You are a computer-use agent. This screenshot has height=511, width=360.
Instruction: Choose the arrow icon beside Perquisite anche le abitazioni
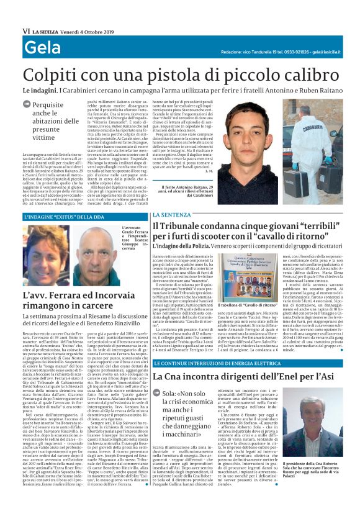27,106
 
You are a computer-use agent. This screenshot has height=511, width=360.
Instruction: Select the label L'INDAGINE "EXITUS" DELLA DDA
64,217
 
